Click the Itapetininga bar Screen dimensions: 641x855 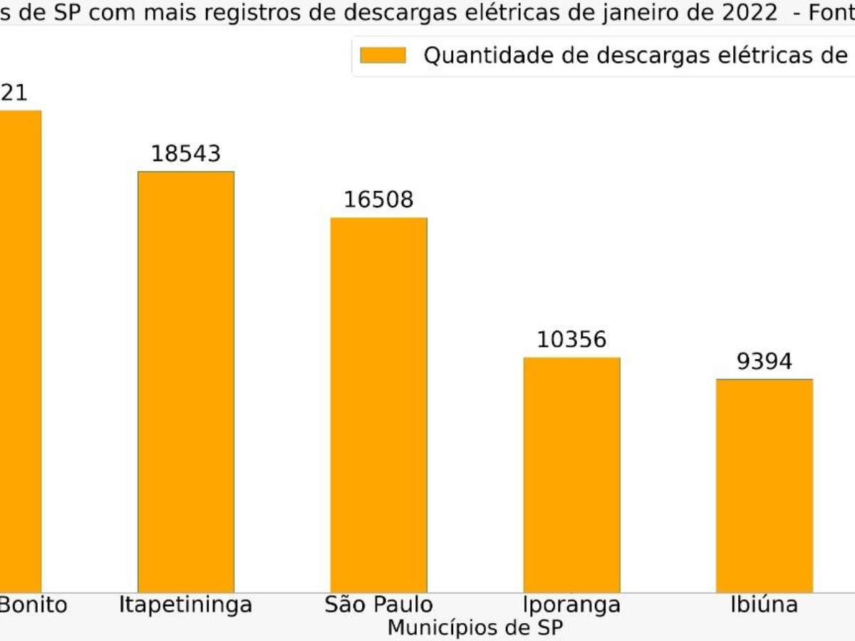coord(186,381)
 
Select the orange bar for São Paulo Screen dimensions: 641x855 coord(378,405)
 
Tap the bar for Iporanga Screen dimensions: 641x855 coord(571,474)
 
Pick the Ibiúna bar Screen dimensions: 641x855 coord(764,485)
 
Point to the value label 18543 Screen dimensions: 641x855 coord(186,154)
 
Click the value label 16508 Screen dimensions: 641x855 coord(378,200)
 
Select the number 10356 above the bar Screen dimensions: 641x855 coord(571,340)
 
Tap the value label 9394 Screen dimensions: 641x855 coord(764,362)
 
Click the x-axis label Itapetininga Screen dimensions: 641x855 coord(186,605)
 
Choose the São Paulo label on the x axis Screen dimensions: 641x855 coord(378,605)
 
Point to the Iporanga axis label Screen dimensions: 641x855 coord(571,605)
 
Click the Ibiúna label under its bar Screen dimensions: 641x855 coord(764,605)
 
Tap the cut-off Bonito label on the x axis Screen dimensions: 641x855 coord(33,605)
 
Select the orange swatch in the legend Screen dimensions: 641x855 coord(383,56)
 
